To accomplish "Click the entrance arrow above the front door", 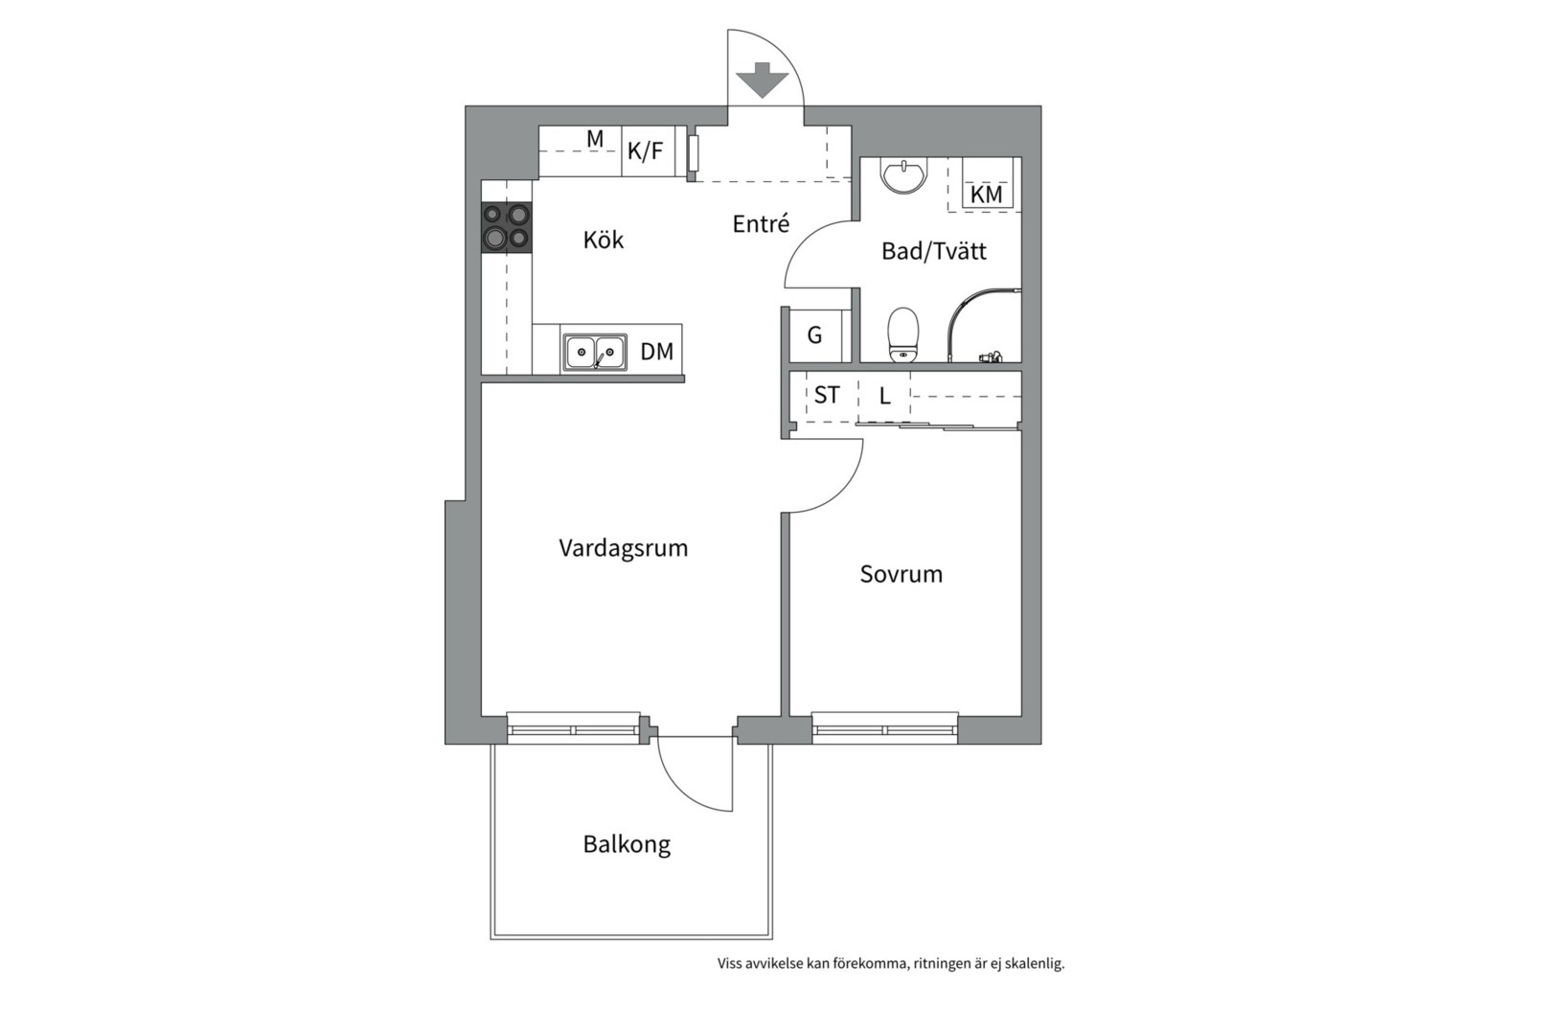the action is click(763, 80).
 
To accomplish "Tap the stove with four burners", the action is click(507, 226).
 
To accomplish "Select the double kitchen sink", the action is click(595, 352).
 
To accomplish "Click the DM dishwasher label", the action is click(657, 352).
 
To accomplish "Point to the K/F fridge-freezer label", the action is click(645, 150).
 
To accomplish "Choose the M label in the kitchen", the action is click(595, 139).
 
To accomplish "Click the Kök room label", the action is click(603, 240).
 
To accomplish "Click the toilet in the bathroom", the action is click(902, 334).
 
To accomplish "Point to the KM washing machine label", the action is click(986, 195).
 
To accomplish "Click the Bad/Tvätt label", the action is click(933, 250).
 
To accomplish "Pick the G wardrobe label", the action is click(814, 335).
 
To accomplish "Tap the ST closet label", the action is click(827, 395).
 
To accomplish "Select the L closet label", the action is click(885, 397).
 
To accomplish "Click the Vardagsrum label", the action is click(623, 547).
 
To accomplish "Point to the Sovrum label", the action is click(901, 574).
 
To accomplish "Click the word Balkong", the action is click(627, 844).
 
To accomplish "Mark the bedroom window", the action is click(885, 728).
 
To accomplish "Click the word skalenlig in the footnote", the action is click(1035, 963).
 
